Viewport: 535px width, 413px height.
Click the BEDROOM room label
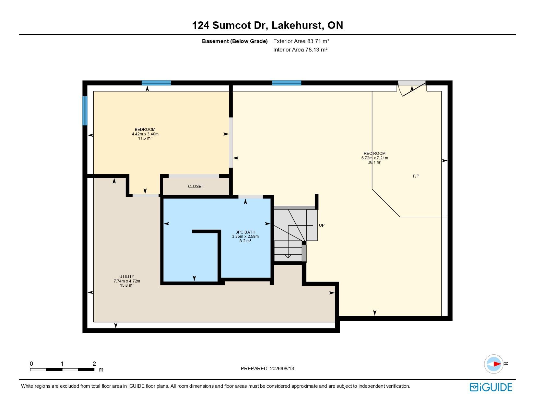tap(145, 129)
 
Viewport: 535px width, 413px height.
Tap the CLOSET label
tap(196, 187)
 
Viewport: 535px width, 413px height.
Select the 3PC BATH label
tap(245, 232)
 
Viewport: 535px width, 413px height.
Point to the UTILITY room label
tap(126, 277)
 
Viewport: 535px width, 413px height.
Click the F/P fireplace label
tap(416, 176)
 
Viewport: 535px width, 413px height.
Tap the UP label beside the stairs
tap(322, 225)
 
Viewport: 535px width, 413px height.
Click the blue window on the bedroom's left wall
tap(85, 111)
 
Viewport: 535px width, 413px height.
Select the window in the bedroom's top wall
tap(156, 83)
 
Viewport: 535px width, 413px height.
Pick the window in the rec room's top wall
tap(286, 83)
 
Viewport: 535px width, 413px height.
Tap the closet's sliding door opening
tap(194, 176)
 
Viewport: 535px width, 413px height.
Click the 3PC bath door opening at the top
tap(250, 197)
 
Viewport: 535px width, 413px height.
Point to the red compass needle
tap(497, 364)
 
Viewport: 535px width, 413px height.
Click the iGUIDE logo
tap(491, 387)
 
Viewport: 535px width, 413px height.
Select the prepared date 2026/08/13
tap(282, 369)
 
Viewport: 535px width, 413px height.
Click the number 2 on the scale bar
tap(94, 363)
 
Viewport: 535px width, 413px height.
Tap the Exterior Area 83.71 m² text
tap(301, 41)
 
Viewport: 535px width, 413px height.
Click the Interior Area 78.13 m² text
tap(300, 50)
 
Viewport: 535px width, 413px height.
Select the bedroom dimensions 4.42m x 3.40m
tap(145, 134)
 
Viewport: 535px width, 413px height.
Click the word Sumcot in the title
tap(232, 25)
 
